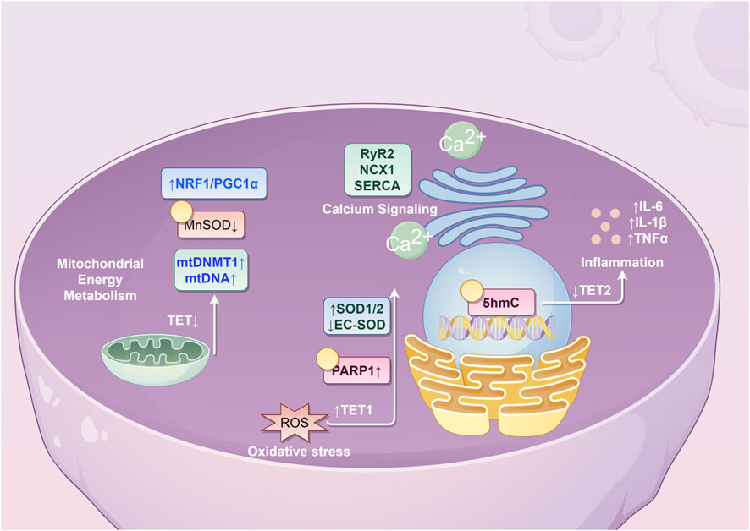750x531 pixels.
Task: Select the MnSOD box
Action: pos(211,227)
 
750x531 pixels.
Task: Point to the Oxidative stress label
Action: pos(298,452)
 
